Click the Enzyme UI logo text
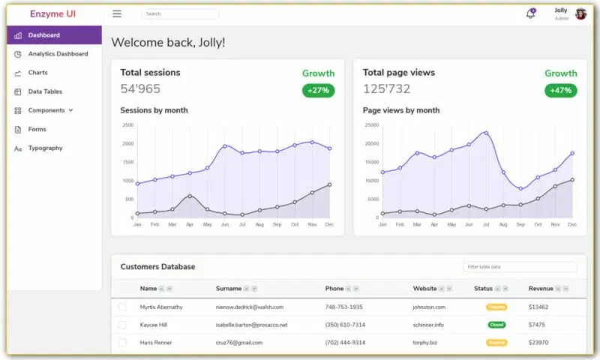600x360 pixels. click(x=52, y=13)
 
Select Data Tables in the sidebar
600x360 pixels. click(x=45, y=91)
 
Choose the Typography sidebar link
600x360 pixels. click(x=45, y=148)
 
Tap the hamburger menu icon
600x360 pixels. click(x=117, y=13)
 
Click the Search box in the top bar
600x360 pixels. click(x=180, y=13)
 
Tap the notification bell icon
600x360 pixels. click(x=530, y=13)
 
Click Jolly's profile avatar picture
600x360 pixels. click(x=580, y=13)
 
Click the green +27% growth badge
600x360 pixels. click(x=319, y=91)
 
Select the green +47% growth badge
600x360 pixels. click(x=561, y=91)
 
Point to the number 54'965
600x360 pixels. click(x=140, y=88)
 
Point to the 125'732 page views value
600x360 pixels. click(x=386, y=88)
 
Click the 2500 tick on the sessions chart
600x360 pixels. click(x=127, y=125)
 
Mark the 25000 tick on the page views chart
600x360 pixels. click(x=371, y=125)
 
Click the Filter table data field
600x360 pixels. click(x=520, y=266)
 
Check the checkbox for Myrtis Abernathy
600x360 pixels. click(x=122, y=307)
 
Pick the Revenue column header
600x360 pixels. click(x=541, y=288)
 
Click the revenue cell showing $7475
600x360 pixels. click(x=537, y=325)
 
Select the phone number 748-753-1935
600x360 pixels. click(x=344, y=307)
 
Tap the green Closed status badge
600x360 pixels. click(x=496, y=325)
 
